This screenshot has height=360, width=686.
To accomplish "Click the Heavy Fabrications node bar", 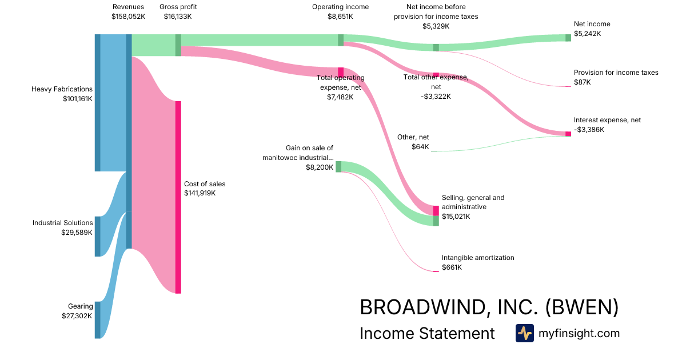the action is (97, 103).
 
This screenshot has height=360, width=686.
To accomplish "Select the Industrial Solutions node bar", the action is (97, 236).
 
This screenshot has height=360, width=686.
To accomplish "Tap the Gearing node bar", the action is (97, 320).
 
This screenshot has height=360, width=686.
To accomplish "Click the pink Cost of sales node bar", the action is (178, 197).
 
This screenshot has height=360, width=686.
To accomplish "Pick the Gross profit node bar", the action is (178, 45).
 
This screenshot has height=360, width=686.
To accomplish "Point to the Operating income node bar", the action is (341, 40).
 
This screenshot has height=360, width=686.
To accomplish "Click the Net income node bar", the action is (568, 38).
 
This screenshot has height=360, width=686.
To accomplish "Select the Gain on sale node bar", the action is (338, 166).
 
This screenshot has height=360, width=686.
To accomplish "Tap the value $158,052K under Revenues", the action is (128, 17).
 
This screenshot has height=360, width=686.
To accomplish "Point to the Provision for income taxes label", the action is (616, 73).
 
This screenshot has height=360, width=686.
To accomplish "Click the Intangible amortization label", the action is (477, 258).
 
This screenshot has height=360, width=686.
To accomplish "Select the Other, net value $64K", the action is (420, 147).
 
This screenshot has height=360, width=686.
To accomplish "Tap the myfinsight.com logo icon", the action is (524, 333).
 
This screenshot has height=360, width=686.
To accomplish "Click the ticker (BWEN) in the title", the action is (581, 307).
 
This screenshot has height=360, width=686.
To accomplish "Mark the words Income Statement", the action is (427, 333).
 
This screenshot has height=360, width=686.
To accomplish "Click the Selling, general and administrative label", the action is (473, 202).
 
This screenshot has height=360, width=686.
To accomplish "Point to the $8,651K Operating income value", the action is (340, 17).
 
